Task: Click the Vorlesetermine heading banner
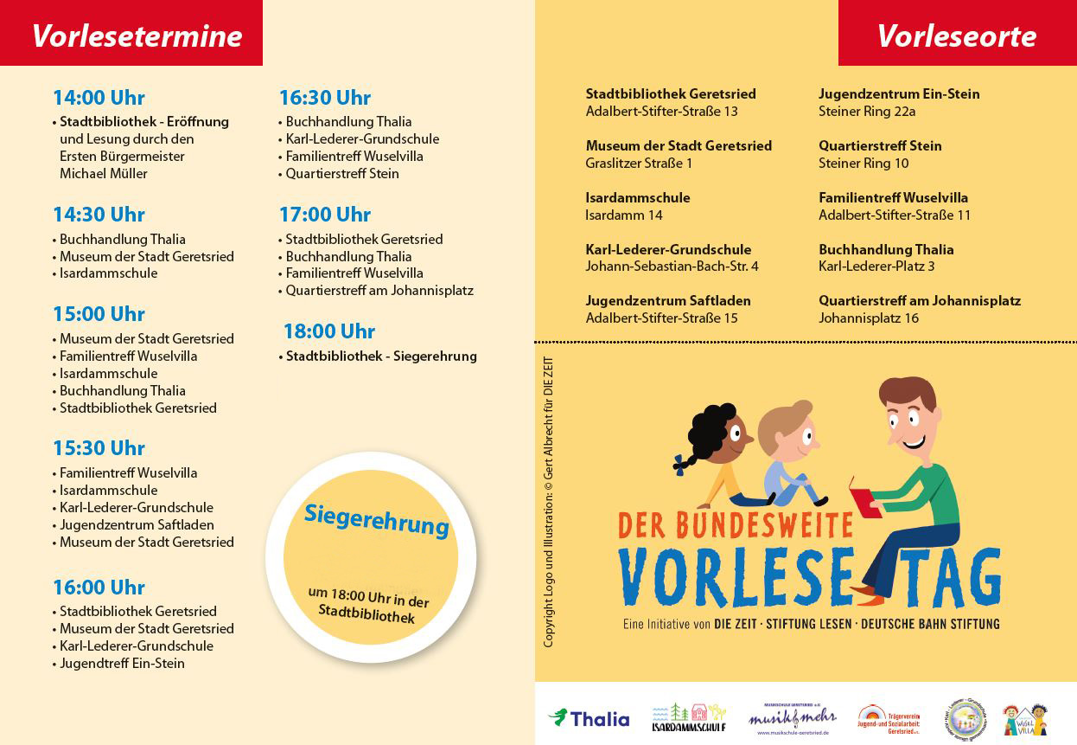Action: point(137,35)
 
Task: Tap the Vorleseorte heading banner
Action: point(956,35)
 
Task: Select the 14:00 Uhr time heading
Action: point(99,98)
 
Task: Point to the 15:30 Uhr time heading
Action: point(99,448)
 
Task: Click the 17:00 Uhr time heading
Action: point(324,215)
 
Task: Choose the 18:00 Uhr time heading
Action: point(329,331)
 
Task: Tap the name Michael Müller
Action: point(104,173)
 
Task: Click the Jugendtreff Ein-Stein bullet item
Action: point(122,664)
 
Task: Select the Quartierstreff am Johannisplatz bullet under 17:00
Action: point(379,291)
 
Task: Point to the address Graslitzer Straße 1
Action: point(639,163)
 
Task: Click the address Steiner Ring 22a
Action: point(867,111)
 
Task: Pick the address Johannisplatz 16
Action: point(869,318)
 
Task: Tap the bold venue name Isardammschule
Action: point(638,197)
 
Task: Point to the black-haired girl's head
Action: point(717,433)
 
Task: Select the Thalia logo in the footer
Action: point(589,718)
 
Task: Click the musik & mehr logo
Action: point(792,718)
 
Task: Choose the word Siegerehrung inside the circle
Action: point(376,518)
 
